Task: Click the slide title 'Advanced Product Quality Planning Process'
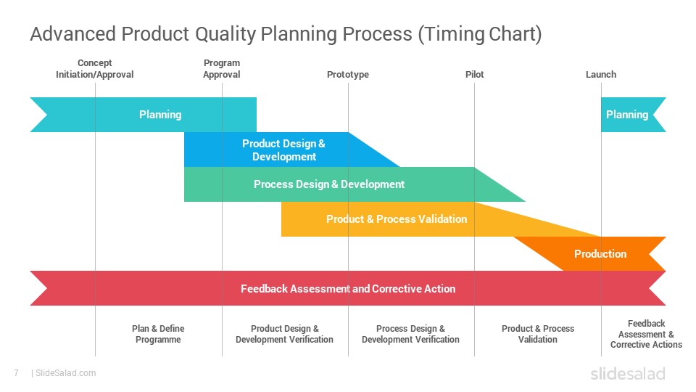pyautogui.click(x=221, y=34)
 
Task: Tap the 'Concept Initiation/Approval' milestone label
pyautogui.click(x=94, y=69)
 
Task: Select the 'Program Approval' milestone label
pyautogui.click(x=222, y=69)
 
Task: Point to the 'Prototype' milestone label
pyautogui.click(x=348, y=74)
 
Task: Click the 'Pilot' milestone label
pyautogui.click(x=474, y=74)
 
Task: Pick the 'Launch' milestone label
pyautogui.click(x=601, y=74)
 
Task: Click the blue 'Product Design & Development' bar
pyautogui.click(x=284, y=150)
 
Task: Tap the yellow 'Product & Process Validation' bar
pyautogui.click(x=397, y=219)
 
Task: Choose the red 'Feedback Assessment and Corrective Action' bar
pyautogui.click(x=348, y=288)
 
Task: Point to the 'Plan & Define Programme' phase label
pyautogui.click(x=158, y=334)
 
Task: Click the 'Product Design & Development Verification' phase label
pyautogui.click(x=284, y=334)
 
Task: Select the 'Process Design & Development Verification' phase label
pyautogui.click(x=410, y=334)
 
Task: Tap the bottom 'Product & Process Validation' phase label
pyautogui.click(x=538, y=334)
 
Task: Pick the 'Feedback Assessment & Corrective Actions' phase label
pyautogui.click(x=646, y=334)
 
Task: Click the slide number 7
pyautogui.click(x=17, y=373)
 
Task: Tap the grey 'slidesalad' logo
pyautogui.click(x=628, y=374)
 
